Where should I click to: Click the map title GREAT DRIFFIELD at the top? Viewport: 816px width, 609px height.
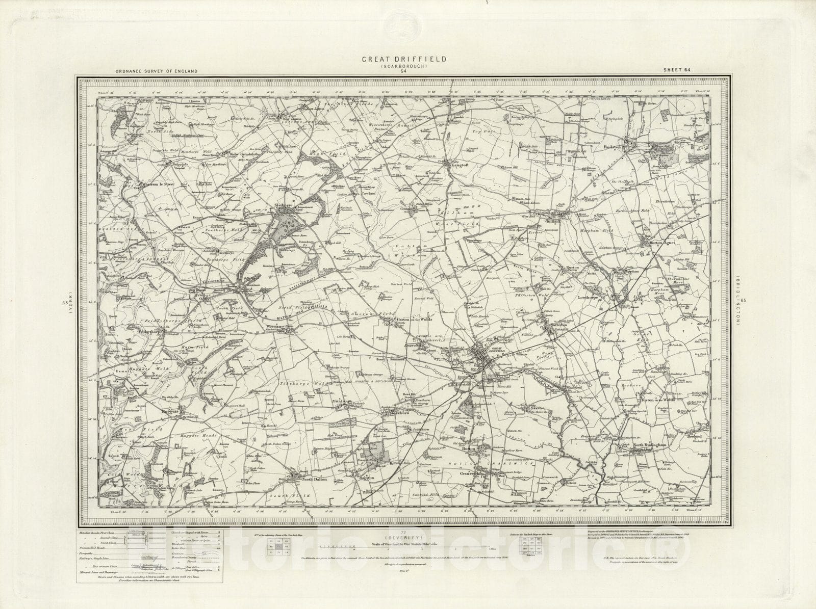[x=404, y=59]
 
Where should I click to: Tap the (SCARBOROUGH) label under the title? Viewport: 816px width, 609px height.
[x=404, y=66]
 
